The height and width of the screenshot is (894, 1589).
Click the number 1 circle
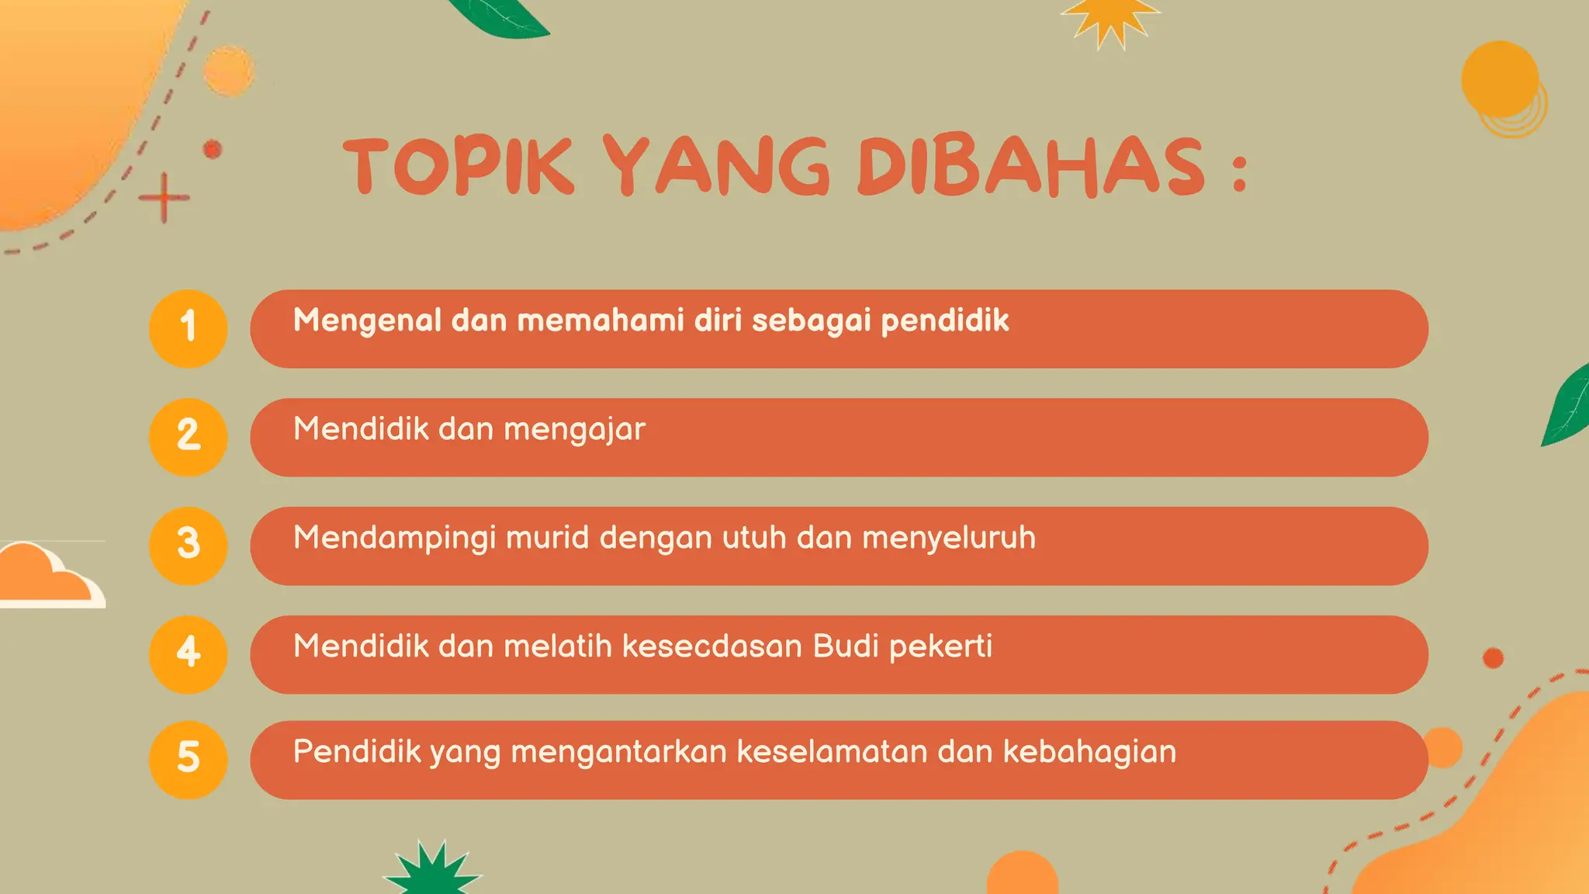[188, 328]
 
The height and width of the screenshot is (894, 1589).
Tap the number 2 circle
[188, 437]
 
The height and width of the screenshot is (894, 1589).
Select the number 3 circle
[188, 546]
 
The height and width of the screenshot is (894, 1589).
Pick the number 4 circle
[188, 654]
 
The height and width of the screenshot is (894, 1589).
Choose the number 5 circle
[188, 760]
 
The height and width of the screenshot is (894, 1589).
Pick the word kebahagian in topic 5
[1089, 751]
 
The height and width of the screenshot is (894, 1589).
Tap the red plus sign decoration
[164, 198]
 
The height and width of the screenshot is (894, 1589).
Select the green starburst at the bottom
[434, 871]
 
